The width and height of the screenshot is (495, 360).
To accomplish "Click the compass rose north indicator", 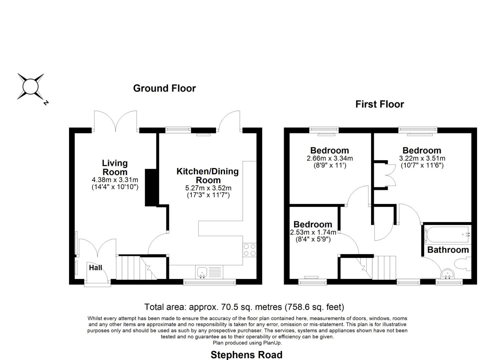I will (31, 87).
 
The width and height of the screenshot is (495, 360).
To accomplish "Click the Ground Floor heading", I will (164, 88).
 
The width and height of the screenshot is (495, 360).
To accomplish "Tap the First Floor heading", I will (379, 104).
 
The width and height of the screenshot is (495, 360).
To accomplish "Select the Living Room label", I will (115, 167).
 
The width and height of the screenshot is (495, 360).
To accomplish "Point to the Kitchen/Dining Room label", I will (207, 176).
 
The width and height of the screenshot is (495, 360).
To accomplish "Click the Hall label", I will (95, 267).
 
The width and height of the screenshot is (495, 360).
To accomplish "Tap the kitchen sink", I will (202, 272).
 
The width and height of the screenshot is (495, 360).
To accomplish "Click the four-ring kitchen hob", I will (249, 250).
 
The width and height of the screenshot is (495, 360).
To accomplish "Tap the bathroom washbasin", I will (447, 274).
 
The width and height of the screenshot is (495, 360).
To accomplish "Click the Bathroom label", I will (448, 250).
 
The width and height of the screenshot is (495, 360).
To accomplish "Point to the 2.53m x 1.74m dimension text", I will (313, 232).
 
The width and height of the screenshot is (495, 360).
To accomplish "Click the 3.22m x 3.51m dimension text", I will (422, 158).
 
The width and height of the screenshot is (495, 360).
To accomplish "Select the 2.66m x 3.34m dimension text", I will (329, 158).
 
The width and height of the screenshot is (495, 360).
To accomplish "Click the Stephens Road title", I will (246, 355).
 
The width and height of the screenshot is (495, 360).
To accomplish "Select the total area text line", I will (244, 307).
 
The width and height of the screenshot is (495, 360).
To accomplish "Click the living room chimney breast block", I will (151, 187).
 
